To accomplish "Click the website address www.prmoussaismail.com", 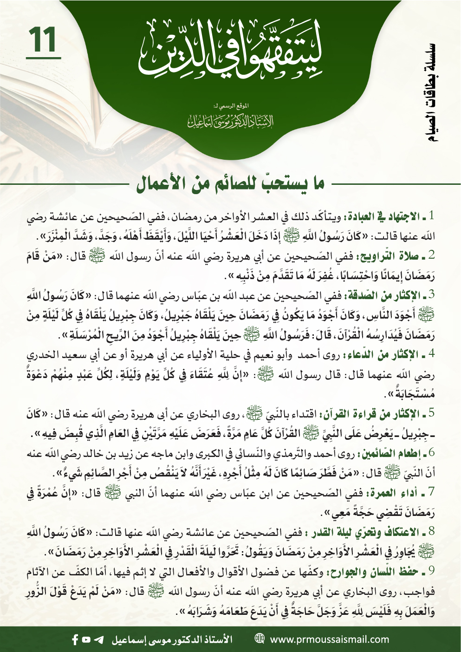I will (329, 639).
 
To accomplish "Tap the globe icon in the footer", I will (260, 639).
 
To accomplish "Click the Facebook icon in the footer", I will (75, 639).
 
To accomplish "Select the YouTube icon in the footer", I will (86, 639).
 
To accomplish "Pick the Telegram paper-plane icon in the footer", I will (99, 639).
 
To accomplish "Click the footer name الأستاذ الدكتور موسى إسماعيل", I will (172, 639).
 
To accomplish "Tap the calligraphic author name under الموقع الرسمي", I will (230, 121).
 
